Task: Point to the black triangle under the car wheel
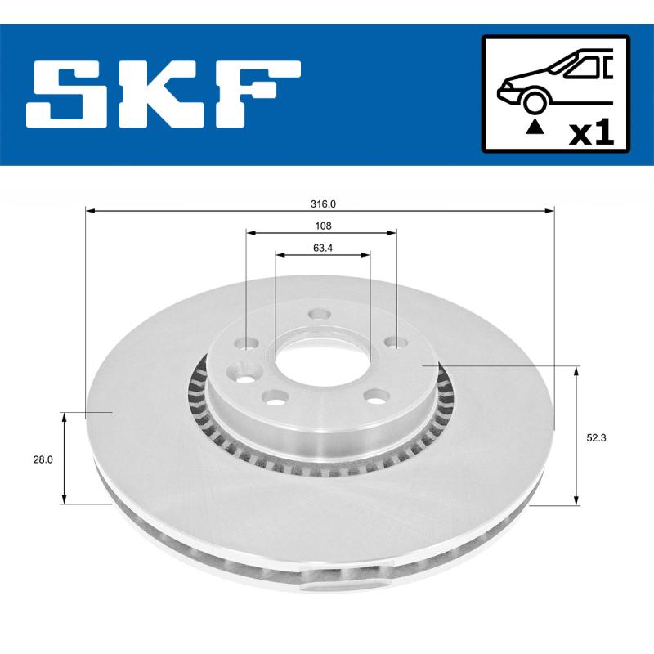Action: click(x=535, y=126)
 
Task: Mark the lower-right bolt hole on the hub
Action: click(x=375, y=396)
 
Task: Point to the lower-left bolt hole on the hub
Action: click(x=273, y=397)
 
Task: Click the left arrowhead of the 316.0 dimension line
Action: click(x=90, y=211)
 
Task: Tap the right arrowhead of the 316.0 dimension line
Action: click(x=549, y=211)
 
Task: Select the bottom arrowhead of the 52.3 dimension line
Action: click(x=577, y=500)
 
